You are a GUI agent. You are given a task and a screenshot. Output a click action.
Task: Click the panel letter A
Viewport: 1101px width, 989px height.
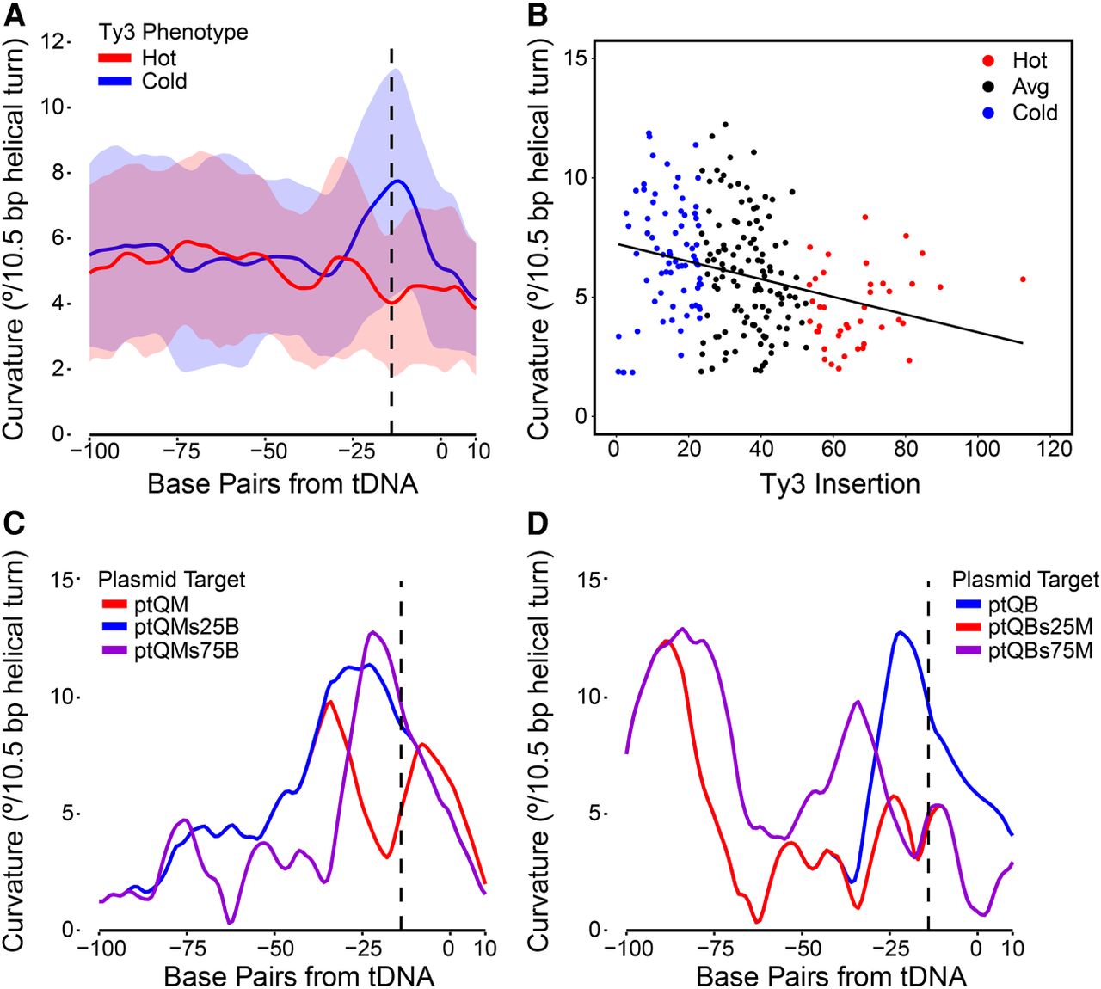tap(15, 16)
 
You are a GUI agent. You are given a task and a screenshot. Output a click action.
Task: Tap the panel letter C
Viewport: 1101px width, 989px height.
tap(15, 523)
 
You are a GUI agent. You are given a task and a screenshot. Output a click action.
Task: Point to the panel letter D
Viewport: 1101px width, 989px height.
tap(539, 523)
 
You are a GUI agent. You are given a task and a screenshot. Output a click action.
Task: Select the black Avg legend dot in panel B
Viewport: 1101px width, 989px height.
tap(990, 87)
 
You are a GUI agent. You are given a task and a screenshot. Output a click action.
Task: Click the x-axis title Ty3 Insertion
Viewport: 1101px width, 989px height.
tap(840, 483)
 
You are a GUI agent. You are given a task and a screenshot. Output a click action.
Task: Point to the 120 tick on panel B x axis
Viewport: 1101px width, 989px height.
tap(1055, 449)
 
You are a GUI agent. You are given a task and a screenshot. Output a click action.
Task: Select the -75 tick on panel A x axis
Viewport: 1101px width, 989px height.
tap(181, 451)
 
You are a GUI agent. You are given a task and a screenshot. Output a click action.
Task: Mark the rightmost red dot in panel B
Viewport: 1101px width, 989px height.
tap(1023, 279)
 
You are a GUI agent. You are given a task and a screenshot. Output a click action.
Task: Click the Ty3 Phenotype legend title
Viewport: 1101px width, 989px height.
tap(172, 33)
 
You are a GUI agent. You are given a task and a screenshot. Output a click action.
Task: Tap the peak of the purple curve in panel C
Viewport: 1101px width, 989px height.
tap(372, 632)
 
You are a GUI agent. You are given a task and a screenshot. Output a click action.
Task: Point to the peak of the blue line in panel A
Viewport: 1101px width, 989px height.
tap(397, 181)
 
